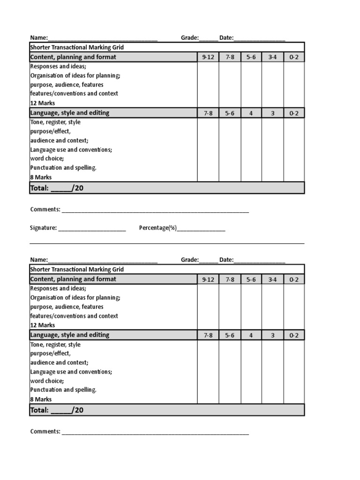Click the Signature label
tap(43, 228)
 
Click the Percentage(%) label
tap(157, 228)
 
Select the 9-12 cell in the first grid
tap(208, 57)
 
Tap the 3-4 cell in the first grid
tap(272, 57)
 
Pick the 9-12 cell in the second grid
tap(208, 279)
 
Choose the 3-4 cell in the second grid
tap(272, 279)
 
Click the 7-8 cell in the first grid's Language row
tap(208, 113)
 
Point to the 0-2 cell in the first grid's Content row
tap(294, 57)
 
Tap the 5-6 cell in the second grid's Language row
tap(230, 335)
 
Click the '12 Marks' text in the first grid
tap(43, 103)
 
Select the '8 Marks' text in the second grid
tap(41, 399)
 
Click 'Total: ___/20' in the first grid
tap(57, 188)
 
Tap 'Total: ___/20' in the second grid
tap(57, 410)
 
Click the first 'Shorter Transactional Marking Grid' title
tap(77, 47)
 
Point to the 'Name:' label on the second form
tap(39, 260)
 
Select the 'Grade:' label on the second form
tap(190, 260)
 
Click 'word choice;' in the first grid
tap(47, 158)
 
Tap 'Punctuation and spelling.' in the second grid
tap(63, 390)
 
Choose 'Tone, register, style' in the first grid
tap(55, 122)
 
